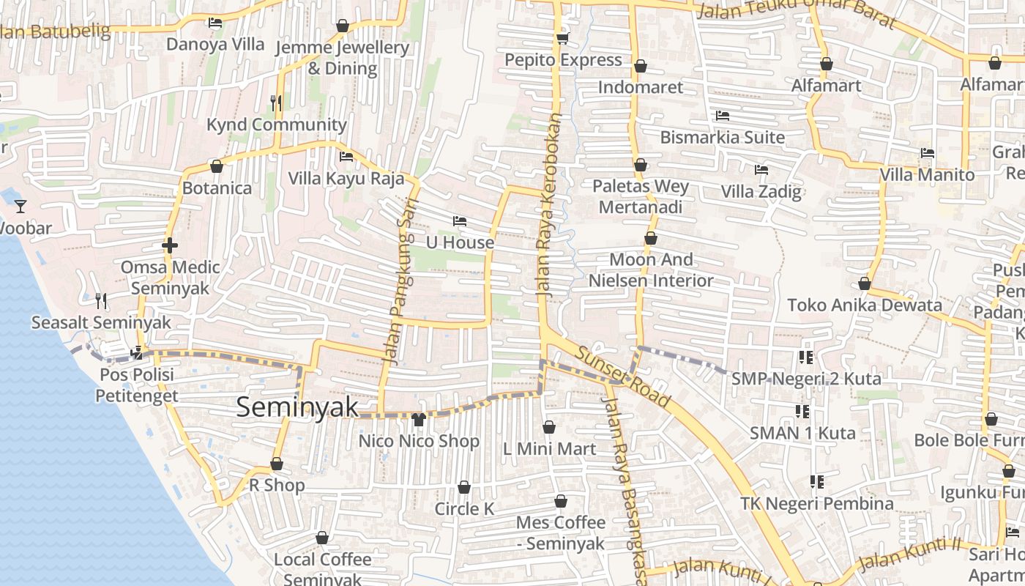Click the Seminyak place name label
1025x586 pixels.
pyautogui.click(x=297, y=407)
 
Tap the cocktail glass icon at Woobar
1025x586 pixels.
pyautogui.click(x=20, y=206)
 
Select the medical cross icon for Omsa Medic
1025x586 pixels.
pyautogui.click(x=170, y=245)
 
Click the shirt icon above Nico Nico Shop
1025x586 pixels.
pyautogui.click(x=419, y=420)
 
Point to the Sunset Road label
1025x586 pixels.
pyautogui.click(x=622, y=377)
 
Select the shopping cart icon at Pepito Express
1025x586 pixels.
pyautogui.click(x=562, y=38)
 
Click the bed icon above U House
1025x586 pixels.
pyautogui.click(x=459, y=221)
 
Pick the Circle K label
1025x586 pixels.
pyautogui.click(x=464, y=508)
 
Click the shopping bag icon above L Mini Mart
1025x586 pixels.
pyautogui.click(x=549, y=427)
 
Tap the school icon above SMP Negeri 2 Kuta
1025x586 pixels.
pyautogui.click(x=806, y=357)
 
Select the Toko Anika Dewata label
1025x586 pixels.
pyautogui.click(x=864, y=305)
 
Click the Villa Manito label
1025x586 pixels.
pyautogui.click(x=927, y=174)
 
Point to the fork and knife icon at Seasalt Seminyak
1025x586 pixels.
pyautogui.click(x=101, y=300)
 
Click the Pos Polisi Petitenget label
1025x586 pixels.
pyautogui.click(x=136, y=385)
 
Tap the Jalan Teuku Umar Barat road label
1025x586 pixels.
pyautogui.click(x=796, y=14)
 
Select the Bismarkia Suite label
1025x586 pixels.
pyautogui.click(x=722, y=137)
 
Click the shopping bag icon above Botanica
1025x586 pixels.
pyautogui.click(x=216, y=166)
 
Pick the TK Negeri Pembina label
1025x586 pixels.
pyautogui.click(x=816, y=503)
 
